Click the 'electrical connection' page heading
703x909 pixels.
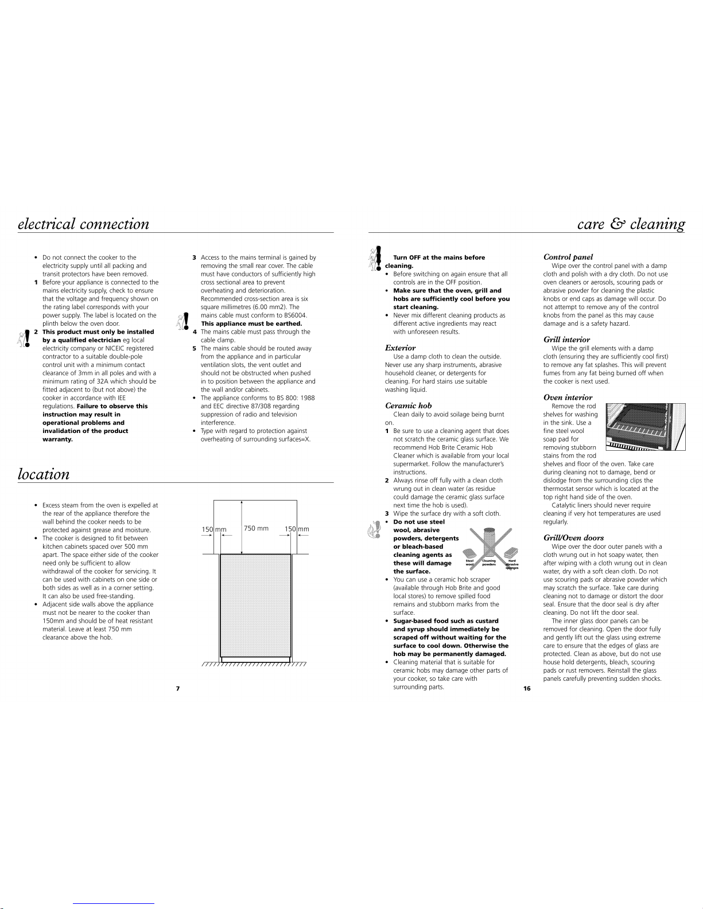pos(84,224)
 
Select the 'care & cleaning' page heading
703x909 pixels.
pos(631,224)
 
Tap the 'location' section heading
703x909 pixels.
pos(44,474)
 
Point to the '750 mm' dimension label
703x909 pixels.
pos(256,528)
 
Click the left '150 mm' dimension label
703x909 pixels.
pos(214,529)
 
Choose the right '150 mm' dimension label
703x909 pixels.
pos(297,529)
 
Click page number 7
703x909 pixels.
pos(178,688)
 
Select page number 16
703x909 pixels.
pos(526,688)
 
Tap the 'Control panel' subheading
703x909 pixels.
pos(568,257)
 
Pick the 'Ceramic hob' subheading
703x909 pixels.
pos(408,405)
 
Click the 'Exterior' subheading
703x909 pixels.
pos(401,348)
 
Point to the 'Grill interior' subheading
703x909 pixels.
pos(566,340)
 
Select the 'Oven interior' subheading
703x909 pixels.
pos(568,397)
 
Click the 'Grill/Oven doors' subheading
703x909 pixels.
pos(573,537)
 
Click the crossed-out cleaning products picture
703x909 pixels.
pos(491,549)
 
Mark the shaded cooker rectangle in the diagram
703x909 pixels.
pos(255,605)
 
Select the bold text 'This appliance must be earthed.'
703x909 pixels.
pos(251,323)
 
